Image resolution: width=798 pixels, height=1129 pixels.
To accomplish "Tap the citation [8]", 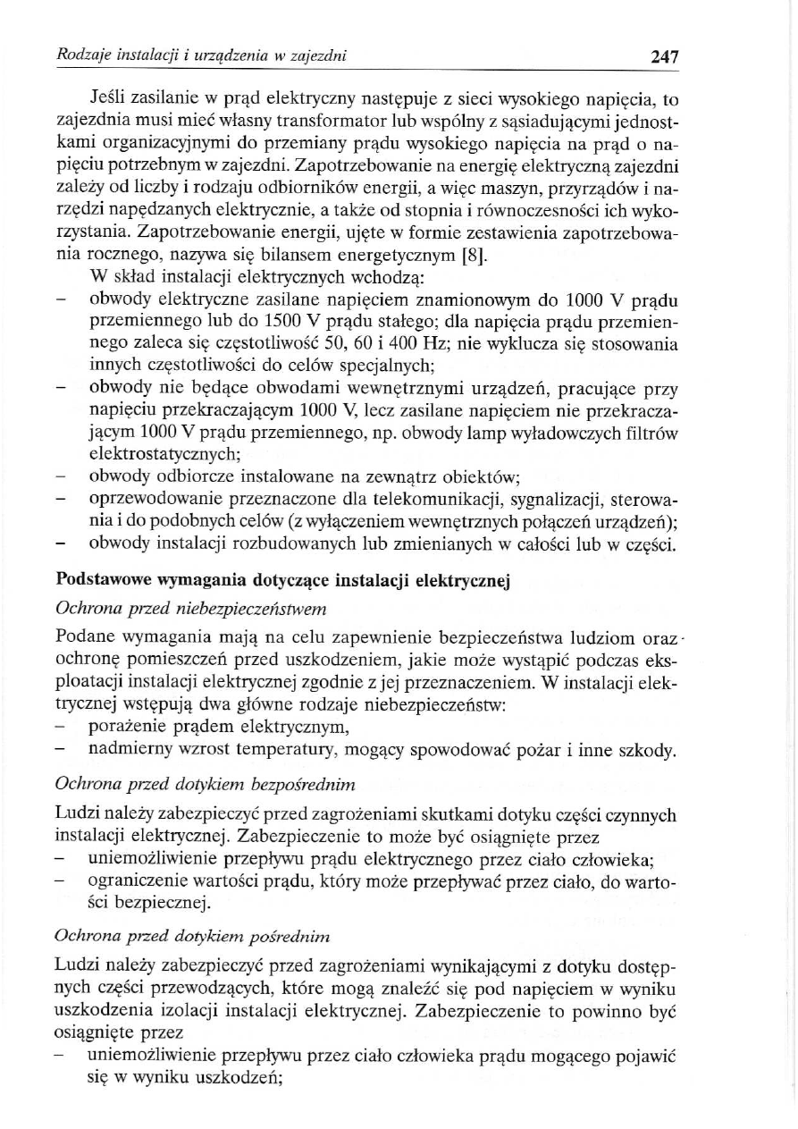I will click(x=472, y=258).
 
